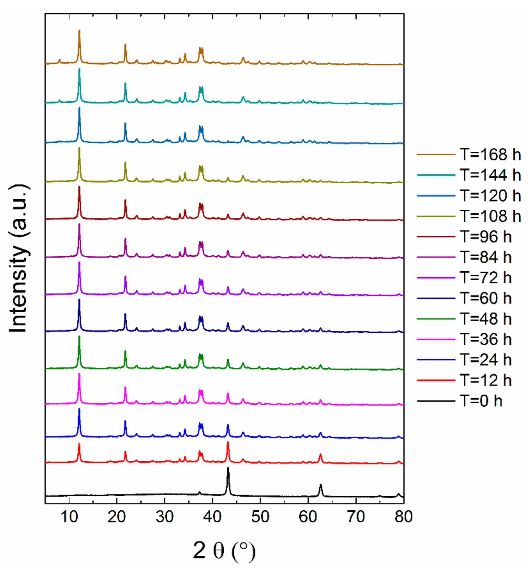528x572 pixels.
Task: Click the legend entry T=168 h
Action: pyautogui.click(x=490, y=155)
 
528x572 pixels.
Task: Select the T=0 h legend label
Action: pyautogui.click(x=481, y=401)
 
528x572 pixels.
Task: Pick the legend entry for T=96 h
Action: pyautogui.click(x=485, y=236)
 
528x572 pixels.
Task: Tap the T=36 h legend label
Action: pyautogui.click(x=485, y=339)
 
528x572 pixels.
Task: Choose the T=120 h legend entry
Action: pyautogui.click(x=490, y=196)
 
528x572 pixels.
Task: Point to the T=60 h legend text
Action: pyautogui.click(x=485, y=298)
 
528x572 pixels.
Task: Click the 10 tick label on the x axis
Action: pyautogui.click(x=69, y=516)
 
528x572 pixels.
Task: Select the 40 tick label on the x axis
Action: pyautogui.click(x=212, y=516)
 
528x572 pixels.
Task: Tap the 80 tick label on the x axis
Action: pyautogui.click(x=403, y=516)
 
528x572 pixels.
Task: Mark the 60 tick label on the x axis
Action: pyautogui.click(x=308, y=516)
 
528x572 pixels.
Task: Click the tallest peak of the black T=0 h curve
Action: pyautogui.click(x=228, y=468)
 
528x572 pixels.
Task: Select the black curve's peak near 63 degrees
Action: pyautogui.click(x=321, y=485)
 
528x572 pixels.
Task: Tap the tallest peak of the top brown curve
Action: pyautogui.click(x=79, y=30)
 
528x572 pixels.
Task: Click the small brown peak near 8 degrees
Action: pyautogui.click(x=59, y=59)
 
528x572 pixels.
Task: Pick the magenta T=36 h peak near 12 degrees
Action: pyautogui.click(x=79, y=374)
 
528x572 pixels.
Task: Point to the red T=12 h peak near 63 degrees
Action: pyautogui.click(x=320, y=454)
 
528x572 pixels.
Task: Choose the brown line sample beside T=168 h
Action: pyautogui.click(x=436, y=155)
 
